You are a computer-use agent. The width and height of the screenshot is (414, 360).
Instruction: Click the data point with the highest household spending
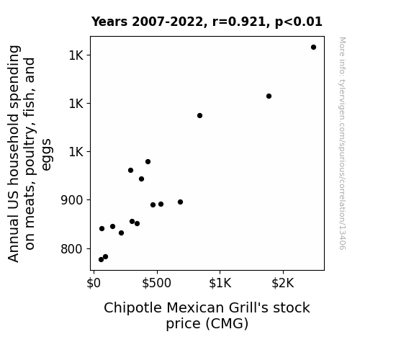313,48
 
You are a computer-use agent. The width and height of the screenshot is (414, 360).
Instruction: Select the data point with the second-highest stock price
269,96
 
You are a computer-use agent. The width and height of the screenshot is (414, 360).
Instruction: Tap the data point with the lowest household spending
101,260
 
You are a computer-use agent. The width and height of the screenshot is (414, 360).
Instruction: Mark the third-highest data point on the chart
199,116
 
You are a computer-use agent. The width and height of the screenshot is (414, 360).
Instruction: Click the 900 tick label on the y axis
72,200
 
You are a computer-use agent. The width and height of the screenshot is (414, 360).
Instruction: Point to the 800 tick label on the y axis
72,249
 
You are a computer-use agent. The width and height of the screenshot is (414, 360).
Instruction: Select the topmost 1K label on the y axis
76,55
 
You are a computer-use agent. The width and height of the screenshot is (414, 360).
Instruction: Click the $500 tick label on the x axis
156,284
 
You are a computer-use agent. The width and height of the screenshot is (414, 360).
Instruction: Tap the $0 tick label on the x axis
94,284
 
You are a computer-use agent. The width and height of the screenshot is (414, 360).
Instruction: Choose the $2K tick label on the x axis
283,284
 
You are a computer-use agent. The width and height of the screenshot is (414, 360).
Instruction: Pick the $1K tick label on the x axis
220,284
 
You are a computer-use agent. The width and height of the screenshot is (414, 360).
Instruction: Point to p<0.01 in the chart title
299,22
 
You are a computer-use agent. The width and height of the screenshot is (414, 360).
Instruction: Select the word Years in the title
109,22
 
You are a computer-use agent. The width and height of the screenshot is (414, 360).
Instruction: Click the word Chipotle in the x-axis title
132,308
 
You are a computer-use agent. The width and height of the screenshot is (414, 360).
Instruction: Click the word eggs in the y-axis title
47,155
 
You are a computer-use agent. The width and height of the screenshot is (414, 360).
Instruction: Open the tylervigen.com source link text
342,144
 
